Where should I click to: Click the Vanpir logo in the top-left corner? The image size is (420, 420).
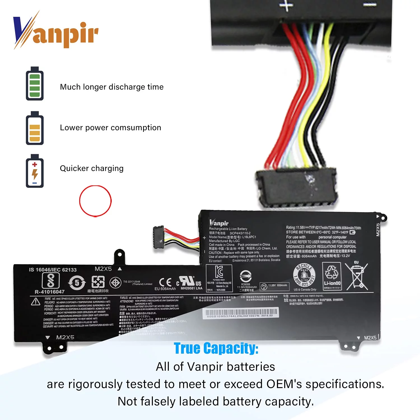55,31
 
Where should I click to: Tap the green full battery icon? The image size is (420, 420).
35,84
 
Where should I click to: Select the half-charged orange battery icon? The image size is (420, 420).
35,128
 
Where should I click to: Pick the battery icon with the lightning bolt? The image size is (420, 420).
35,171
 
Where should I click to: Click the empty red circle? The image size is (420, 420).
95,201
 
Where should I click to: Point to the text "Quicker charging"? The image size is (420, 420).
92,168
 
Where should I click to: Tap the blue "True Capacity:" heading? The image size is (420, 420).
216,349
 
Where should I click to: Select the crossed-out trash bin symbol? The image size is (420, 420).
356,277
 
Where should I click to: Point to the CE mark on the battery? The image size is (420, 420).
165,282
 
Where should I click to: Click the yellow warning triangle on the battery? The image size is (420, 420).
36,302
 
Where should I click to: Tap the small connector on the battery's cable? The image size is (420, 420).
158,237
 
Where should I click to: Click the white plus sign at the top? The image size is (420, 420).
286,5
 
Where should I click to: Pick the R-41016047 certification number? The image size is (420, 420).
50,292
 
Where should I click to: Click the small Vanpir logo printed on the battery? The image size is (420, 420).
219,223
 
